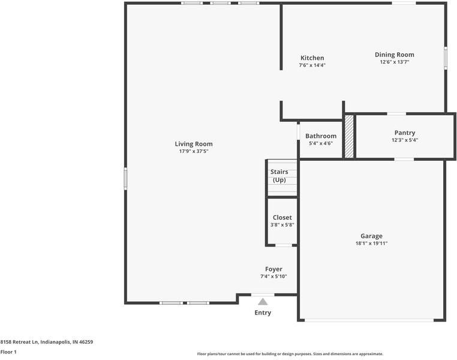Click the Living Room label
pyautogui.click(x=193, y=144)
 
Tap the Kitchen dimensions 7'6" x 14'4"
pyautogui.click(x=312, y=65)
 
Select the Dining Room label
pyautogui.click(x=394, y=55)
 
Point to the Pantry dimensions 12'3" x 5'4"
pyautogui.click(x=404, y=140)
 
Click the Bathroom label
pyautogui.click(x=320, y=136)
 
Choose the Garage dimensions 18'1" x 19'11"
pyautogui.click(x=371, y=244)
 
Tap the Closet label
pyautogui.click(x=282, y=218)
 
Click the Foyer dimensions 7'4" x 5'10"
pyautogui.click(x=273, y=277)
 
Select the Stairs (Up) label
pyautogui.click(x=279, y=176)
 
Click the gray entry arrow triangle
pyautogui.click(x=263, y=302)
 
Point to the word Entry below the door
pyautogui.click(x=263, y=313)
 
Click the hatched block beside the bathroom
pyautogui.click(x=349, y=137)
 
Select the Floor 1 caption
pyautogui.click(x=8, y=352)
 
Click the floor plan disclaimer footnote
pyautogui.click(x=290, y=354)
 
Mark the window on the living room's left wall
pyautogui.click(x=125, y=179)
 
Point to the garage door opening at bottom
pyautogui.click(x=372, y=320)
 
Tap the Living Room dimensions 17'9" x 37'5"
pyautogui.click(x=193, y=152)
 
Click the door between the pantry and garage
pyautogui.click(x=404, y=159)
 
